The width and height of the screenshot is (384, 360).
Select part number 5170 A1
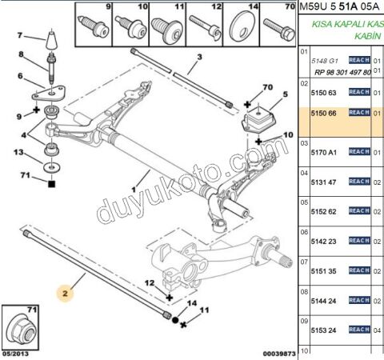(323, 151)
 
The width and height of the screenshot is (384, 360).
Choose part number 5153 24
(323, 329)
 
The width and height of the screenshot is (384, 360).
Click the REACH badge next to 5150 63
(359, 92)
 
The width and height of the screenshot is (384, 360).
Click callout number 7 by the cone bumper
(22, 36)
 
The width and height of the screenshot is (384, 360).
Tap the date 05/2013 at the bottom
(17, 352)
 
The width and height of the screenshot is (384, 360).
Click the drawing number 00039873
(278, 352)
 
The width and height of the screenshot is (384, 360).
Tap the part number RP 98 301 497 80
(342, 72)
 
